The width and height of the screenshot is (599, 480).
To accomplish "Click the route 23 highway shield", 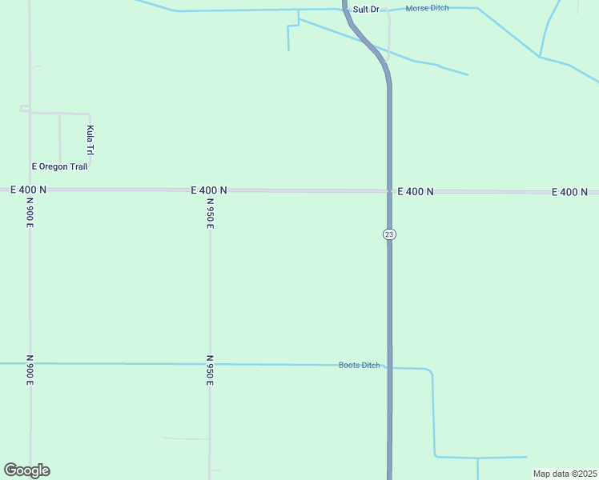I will click(x=389, y=234).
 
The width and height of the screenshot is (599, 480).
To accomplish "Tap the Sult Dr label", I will click(x=366, y=9).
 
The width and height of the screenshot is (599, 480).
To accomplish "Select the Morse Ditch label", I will click(x=428, y=8).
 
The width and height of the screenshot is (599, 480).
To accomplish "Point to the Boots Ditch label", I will click(x=360, y=366).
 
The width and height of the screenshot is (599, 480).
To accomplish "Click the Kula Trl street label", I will click(x=90, y=140).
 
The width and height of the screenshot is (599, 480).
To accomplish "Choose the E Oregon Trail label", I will click(x=59, y=166).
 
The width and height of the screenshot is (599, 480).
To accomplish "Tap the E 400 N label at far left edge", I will click(x=29, y=190).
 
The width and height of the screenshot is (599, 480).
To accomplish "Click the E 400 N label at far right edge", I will click(x=569, y=192).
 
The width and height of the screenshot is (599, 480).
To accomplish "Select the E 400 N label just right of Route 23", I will click(x=415, y=192).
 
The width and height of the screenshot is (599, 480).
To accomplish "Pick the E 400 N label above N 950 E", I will click(x=209, y=190).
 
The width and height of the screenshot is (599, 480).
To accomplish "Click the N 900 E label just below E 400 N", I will click(x=30, y=213).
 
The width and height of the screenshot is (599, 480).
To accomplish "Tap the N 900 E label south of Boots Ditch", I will click(x=30, y=370).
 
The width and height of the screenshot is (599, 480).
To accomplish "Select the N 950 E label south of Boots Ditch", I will click(x=210, y=370).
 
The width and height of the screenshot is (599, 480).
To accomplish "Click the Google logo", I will click(x=26, y=470).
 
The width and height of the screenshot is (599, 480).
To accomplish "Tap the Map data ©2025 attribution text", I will click(x=564, y=474).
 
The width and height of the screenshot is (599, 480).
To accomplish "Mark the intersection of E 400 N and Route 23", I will click(x=389, y=191).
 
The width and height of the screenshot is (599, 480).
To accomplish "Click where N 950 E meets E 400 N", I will click(x=210, y=190).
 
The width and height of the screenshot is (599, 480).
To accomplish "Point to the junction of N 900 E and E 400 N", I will click(x=30, y=190).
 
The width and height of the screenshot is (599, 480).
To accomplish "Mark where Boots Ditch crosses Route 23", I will click(x=390, y=367).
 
